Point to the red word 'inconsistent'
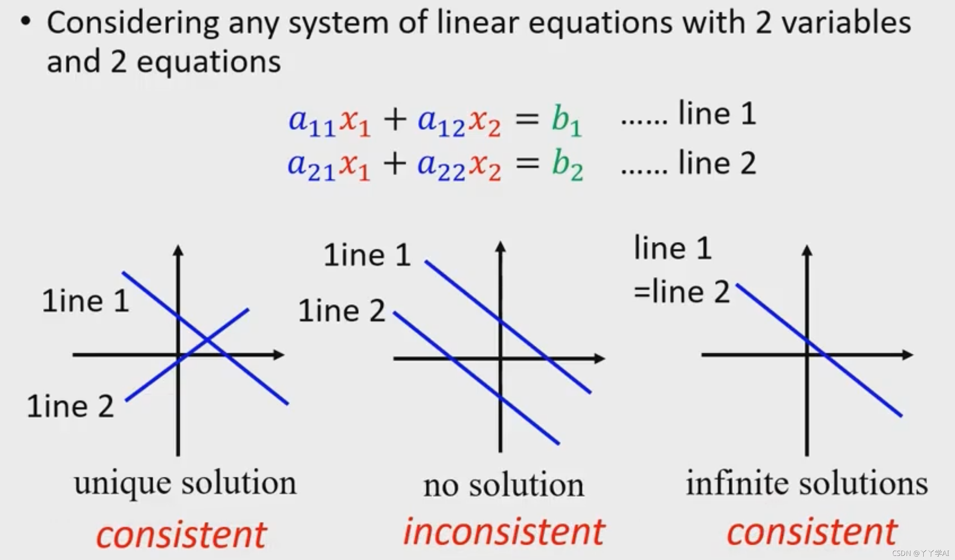[503, 532]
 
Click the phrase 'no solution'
[503, 485]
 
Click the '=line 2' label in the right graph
[682, 292]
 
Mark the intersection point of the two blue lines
[207, 338]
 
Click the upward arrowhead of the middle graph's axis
[500, 247]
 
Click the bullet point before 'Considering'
[25, 22]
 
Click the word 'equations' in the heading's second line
[208, 62]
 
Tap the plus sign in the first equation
[395, 120]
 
